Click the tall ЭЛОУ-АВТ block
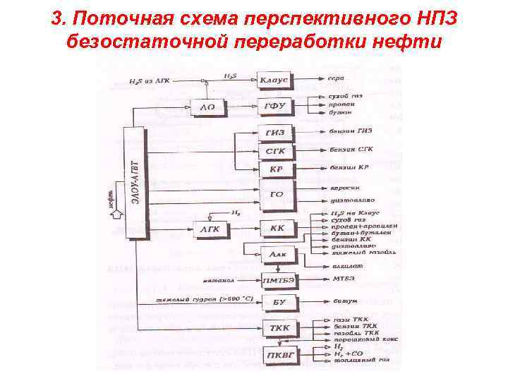[134, 182]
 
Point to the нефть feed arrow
[112, 212]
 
